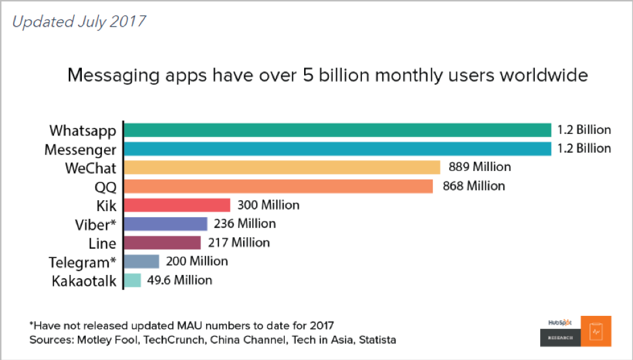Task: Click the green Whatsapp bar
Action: (x=337, y=130)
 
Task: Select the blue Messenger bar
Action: (x=337, y=149)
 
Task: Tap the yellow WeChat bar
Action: (x=282, y=168)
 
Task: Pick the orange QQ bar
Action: (x=278, y=186)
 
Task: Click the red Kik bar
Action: (x=177, y=205)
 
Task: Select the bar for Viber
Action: (x=165, y=224)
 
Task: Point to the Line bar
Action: (x=162, y=243)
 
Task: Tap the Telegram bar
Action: (x=141, y=261)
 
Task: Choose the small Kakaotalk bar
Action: (x=132, y=280)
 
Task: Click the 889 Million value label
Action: (x=480, y=167)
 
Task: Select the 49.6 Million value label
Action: (x=179, y=280)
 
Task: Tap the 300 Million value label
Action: (x=268, y=205)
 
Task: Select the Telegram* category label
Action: (x=83, y=263)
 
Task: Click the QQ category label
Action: (x=103, y=187)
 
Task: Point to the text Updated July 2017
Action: (x=79, y=21)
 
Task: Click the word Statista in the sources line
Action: (x=374, y=340)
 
